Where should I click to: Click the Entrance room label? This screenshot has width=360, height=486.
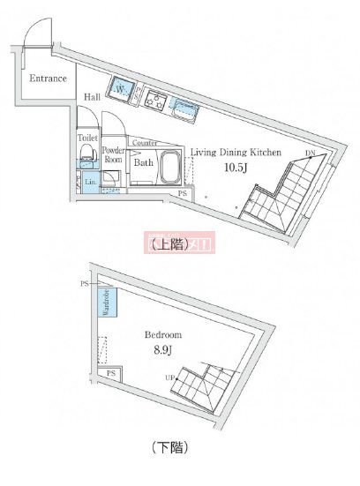pyautogui.click(x=48, y=79)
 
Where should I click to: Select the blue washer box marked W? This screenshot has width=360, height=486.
pyautogui.click(x=120, y=88)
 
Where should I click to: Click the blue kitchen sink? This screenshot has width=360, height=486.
pyautogui.click(x=185, y=109)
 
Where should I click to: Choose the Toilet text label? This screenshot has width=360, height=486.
pyautogui.click(x=87, y=138)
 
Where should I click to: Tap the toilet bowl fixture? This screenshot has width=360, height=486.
pyautogui.click(x=86, y=159)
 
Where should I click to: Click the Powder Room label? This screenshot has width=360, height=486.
pyautogui.click(x=113, y=155)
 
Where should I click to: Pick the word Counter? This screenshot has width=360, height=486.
pyautogui.click(x=146, y=143)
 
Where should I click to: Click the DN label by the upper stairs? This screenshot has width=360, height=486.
pyautogui.click(x=310, y=155)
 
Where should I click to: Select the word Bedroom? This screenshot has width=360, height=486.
pyautogui.click(x=164, y=335)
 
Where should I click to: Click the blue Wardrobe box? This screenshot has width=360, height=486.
pyautogui.click(x=103, y=303)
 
